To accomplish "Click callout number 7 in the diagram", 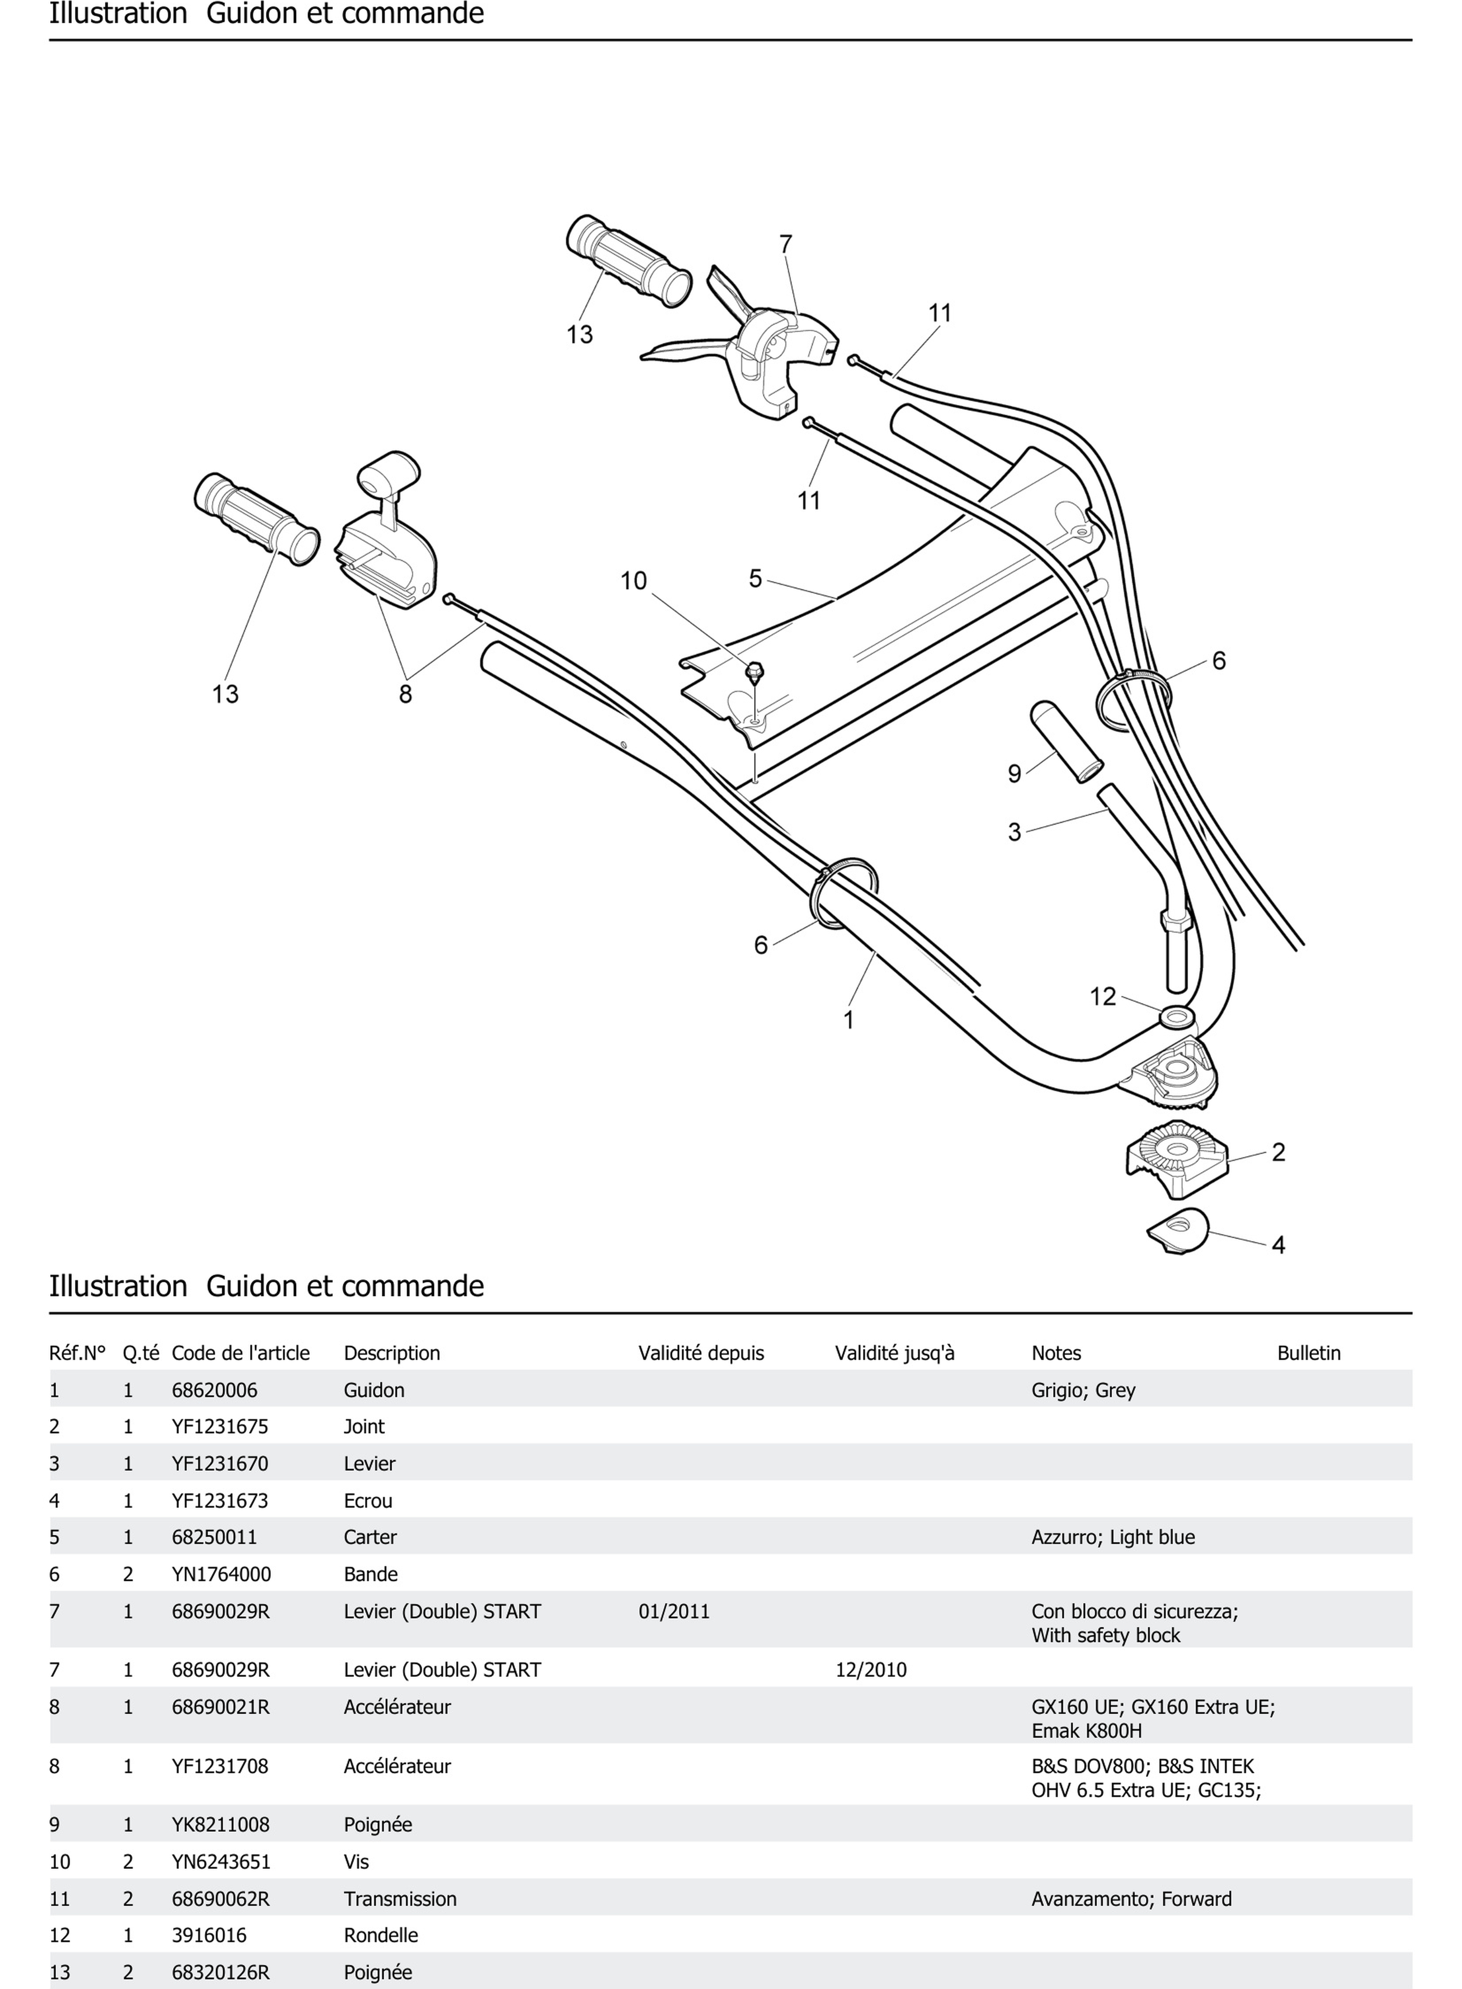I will pos(785,244).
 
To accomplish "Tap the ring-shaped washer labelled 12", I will pos(1175,1016).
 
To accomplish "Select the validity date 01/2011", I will pos(674,1611).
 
